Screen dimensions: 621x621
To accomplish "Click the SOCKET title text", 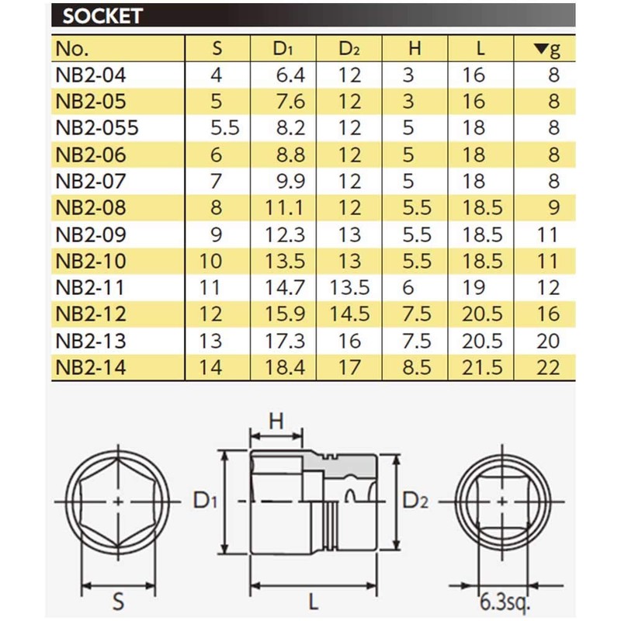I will (x=102, y=16).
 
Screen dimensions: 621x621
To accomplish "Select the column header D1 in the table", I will (x=283, y=49).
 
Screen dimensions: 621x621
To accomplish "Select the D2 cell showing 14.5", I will (x=349, y=314).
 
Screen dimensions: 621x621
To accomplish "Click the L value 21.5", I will (x=481, y=366).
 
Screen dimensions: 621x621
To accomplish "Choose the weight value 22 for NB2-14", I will (x=547, y=366).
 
